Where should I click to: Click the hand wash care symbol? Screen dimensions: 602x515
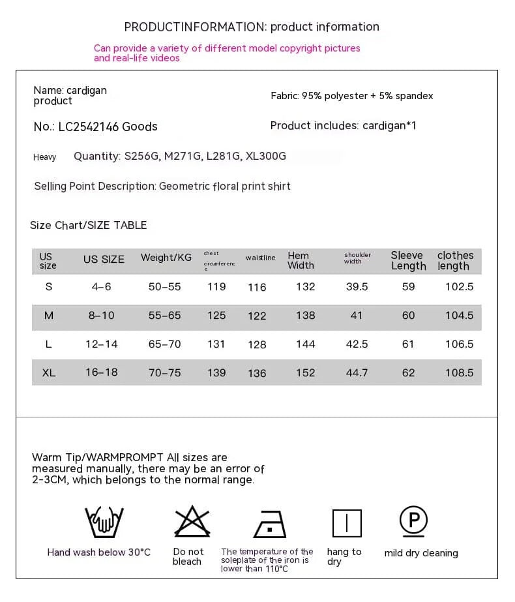[x=100, y=522]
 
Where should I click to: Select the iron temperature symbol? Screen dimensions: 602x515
[x=269, y=523]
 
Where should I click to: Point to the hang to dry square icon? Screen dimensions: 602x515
[x=346, y=523]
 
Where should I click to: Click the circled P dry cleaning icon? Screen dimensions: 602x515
[x=413, y=520]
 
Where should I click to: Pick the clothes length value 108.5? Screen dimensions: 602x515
[x=459, y=372]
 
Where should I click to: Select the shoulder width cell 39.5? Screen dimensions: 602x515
[x=357, y=286]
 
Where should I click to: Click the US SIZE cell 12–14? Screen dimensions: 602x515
[x=102, y=344]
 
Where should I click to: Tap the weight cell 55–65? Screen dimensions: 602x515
[x=164, y=315]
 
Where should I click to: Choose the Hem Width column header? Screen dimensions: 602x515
[x=301, y=260]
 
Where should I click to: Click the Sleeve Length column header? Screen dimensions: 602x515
[x=408, y=260]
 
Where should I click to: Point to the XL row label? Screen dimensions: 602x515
[x=49, y=372]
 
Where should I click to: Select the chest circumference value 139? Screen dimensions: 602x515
[x=216, y=372]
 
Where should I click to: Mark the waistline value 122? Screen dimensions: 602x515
[x=257, y=316]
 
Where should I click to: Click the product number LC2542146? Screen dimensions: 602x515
[x=89, y=127]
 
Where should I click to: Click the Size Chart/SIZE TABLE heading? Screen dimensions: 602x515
[x=89, y=225]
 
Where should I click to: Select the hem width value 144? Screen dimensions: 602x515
[x=305, y=344]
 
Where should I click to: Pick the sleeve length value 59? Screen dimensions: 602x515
[x=408, y=286]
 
